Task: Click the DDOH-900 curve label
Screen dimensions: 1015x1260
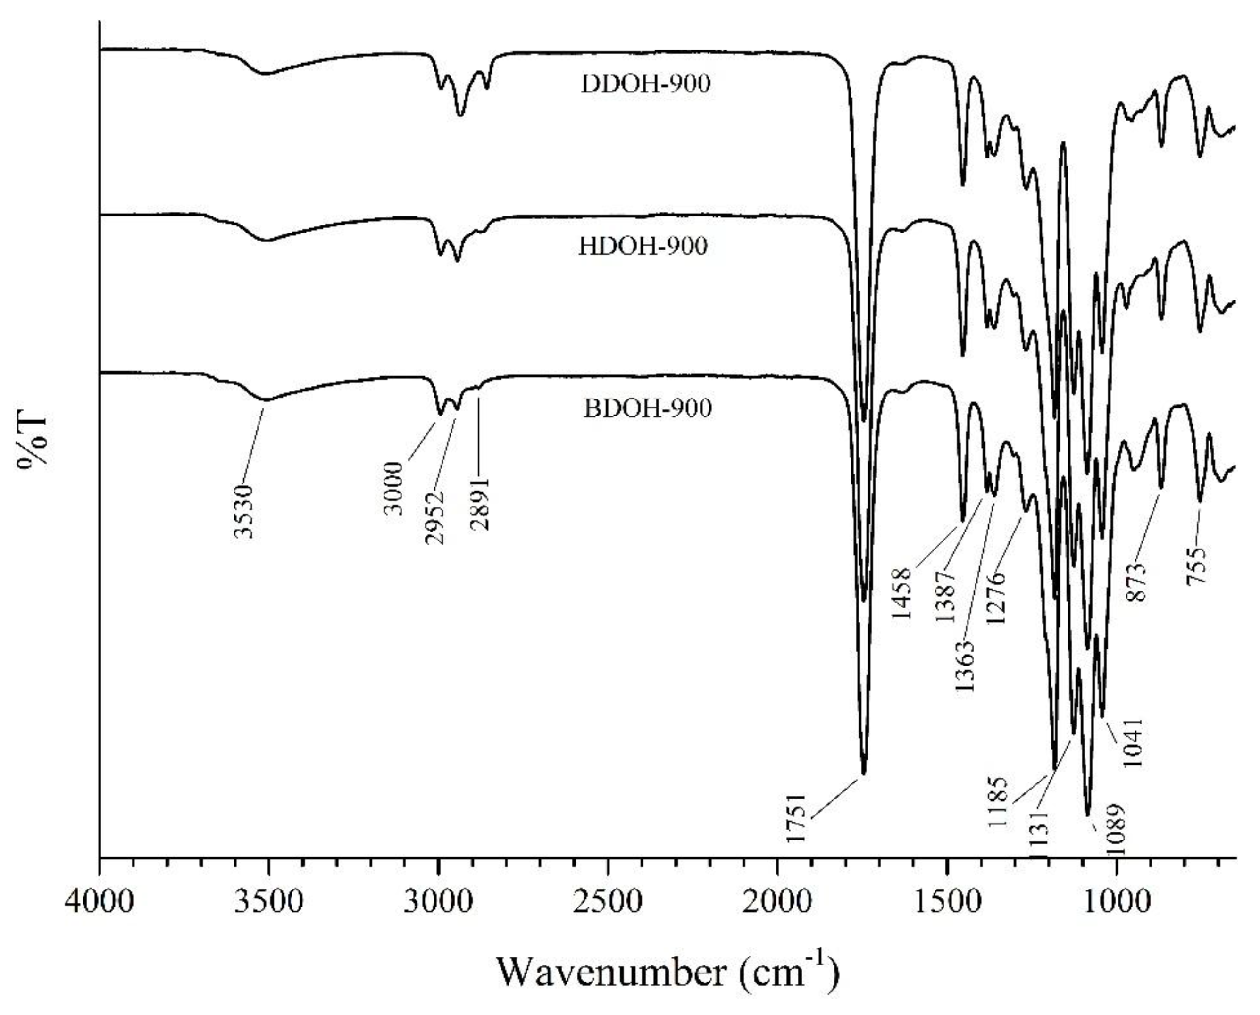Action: click(645, 85)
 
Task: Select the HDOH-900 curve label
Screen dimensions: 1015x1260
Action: click(643, 247)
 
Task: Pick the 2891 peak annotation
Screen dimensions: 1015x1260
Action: click(481, 503)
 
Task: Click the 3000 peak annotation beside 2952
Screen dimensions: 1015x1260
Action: click(395, 488)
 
